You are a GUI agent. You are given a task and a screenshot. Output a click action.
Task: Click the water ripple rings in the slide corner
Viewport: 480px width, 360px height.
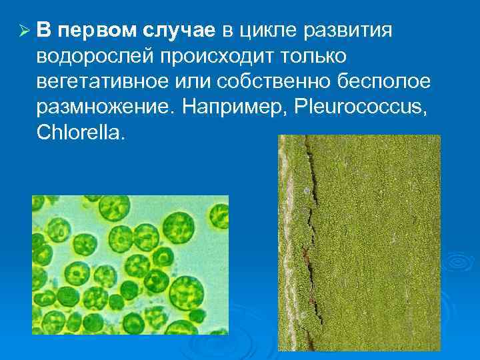click(453, 267)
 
